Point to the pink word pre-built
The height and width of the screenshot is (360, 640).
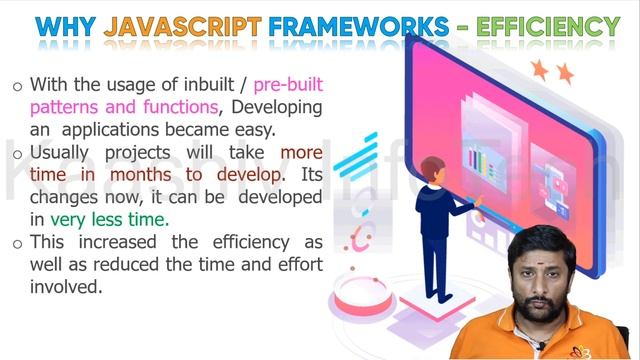tap(288, 85)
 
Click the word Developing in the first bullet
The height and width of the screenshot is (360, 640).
tap(273, 108)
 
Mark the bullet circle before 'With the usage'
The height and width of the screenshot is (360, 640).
tap(17, 87)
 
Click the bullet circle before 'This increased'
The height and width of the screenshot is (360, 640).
tap(17, 243)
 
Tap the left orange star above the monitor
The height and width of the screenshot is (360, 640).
tap(540, 68)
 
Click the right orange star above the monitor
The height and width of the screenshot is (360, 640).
tap(565, 72)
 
